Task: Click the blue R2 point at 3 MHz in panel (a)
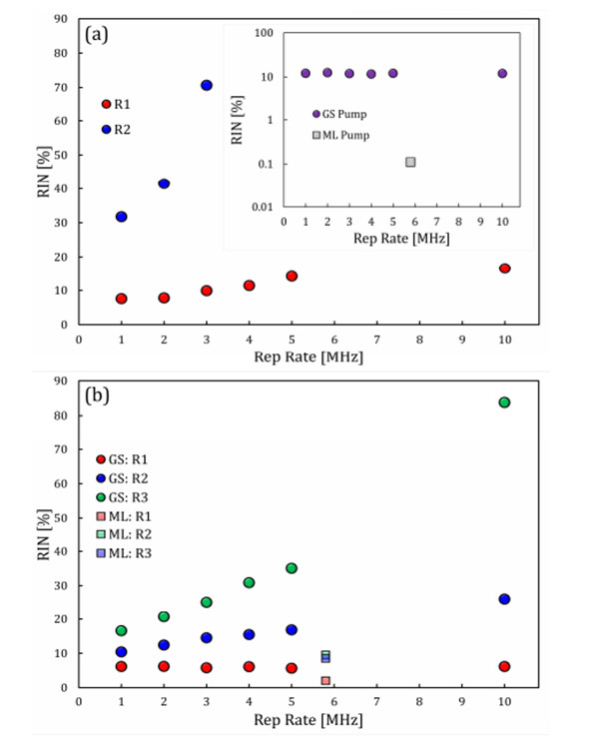pos(207,85)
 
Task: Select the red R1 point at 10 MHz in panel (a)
pos(505,268)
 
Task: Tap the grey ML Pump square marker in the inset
pos(410,162)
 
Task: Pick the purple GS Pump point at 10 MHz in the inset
pos(502,73)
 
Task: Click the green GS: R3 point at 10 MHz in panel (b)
pos(505,402)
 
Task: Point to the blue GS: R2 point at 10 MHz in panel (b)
pos(505,599)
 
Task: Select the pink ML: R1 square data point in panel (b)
pos(325,680)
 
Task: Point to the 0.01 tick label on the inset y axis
pos(262,206)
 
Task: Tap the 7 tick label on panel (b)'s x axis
pos(377,701)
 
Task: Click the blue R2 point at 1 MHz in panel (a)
pos(122,217)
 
